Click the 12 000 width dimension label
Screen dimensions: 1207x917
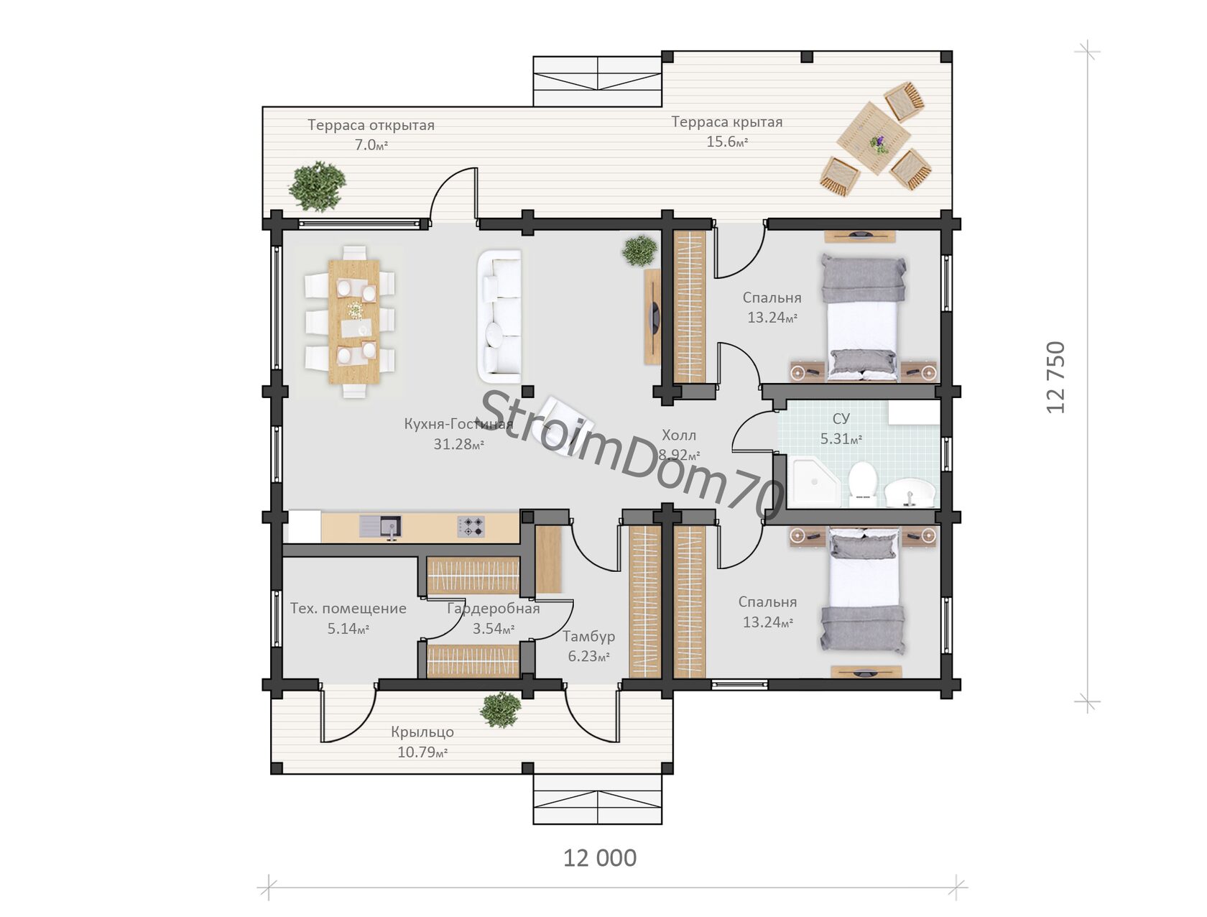click(x=599, y=858)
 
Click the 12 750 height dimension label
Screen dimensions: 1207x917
click(x=1056, y=377)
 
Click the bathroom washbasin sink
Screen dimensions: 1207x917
click(x=910, y=492)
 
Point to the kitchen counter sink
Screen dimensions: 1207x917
click(x=380, y=527)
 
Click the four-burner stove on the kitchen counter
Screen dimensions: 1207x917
click(x=471, y=527)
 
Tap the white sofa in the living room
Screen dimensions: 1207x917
click(x=499, y=316)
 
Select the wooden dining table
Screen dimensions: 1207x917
click(x=354, y=322)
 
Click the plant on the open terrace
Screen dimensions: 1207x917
click(x=318, y=186)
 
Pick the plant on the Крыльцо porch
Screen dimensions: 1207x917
click(x=500, y=709)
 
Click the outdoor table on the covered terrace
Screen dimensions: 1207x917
click(x=873, y=138)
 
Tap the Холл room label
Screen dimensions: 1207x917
click(x=678, y=435)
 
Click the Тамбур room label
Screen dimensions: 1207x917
click(x=588, y=637)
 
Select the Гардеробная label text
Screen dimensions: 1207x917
click(x=493, y=609)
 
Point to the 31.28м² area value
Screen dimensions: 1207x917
click(x=458, y=444)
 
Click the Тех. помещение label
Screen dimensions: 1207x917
click(x=348, y=609)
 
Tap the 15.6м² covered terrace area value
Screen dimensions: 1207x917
click(x=727, y=142)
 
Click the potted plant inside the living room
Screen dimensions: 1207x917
click(x=639, y=251)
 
